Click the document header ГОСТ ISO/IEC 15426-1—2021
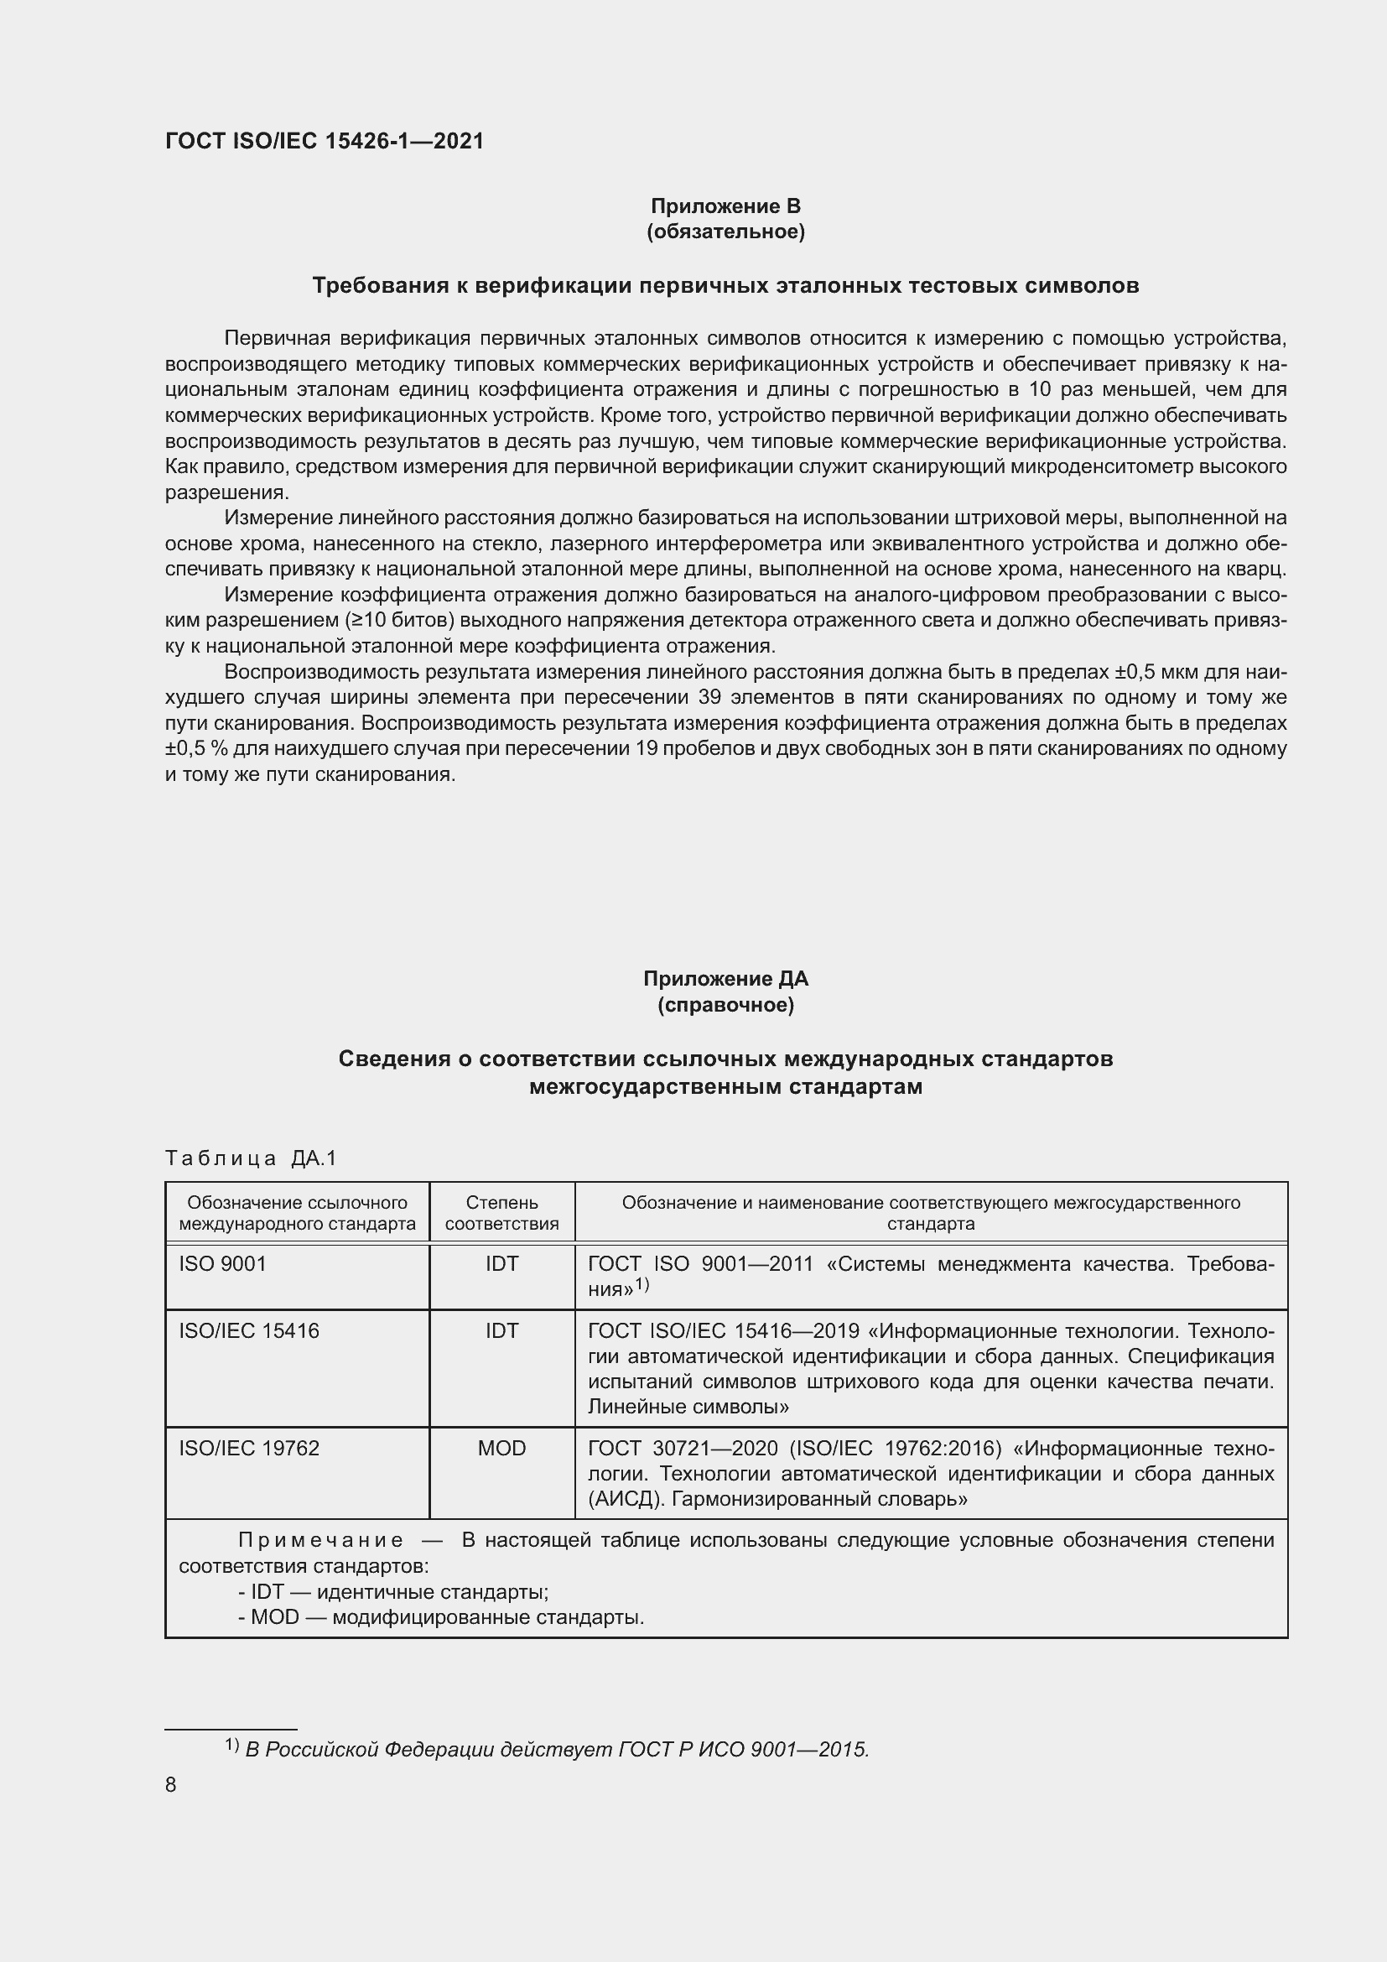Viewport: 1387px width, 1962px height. (325, 141)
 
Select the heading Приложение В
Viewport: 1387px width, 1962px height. (725, 206)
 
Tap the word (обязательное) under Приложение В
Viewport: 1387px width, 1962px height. (725, 232)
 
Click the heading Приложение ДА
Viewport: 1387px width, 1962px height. (725, 978)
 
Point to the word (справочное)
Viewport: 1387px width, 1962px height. (725, 1005)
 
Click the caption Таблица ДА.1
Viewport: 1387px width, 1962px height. (251, 1158)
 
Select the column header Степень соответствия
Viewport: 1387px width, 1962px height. (501, 1213)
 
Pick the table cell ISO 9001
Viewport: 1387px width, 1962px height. (223, 1264)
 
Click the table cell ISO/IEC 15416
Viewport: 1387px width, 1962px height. (248, 1330)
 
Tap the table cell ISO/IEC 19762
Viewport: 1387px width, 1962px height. (248, 1448)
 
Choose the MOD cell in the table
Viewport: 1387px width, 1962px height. (501, 1448)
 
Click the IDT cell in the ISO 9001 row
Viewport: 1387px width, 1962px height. (501, 1264)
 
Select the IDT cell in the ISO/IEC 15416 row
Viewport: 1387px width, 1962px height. (501, 1330)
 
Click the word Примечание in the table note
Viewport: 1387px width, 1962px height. (320, 1541)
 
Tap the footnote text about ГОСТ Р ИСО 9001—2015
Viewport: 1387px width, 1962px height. (556, 1749)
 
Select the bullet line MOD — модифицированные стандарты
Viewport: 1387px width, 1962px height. (441, 1617)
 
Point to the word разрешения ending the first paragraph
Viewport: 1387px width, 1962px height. (226, 493)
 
